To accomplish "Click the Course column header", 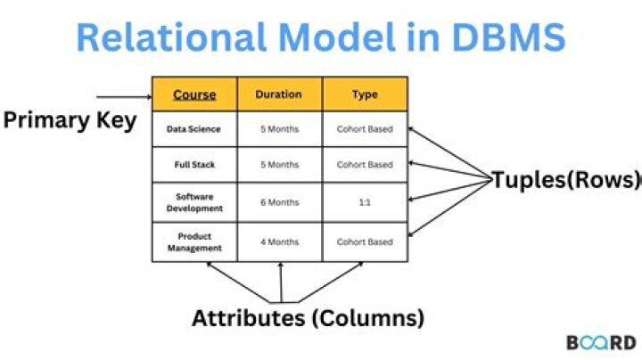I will pos(194,94).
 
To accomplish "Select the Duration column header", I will pos(279,94).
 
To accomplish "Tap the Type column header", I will pos(365,94).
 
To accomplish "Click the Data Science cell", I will pos(194,129).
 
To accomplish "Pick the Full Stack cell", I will pos(194,165).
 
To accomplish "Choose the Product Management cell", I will pos(194,241).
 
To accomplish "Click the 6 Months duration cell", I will pos(279,202).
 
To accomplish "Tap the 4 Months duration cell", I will pos(279,241).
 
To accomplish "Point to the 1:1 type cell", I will pos(365,202).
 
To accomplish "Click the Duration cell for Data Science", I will pos(279,129).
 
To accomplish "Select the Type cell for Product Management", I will pos(365,241).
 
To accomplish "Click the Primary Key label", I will pos(70,120).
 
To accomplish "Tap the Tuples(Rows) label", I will pos(566,180).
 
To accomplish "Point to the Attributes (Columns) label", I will pos(309,317).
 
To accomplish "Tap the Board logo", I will pos(601,343).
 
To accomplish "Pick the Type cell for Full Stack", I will pos(365,165).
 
